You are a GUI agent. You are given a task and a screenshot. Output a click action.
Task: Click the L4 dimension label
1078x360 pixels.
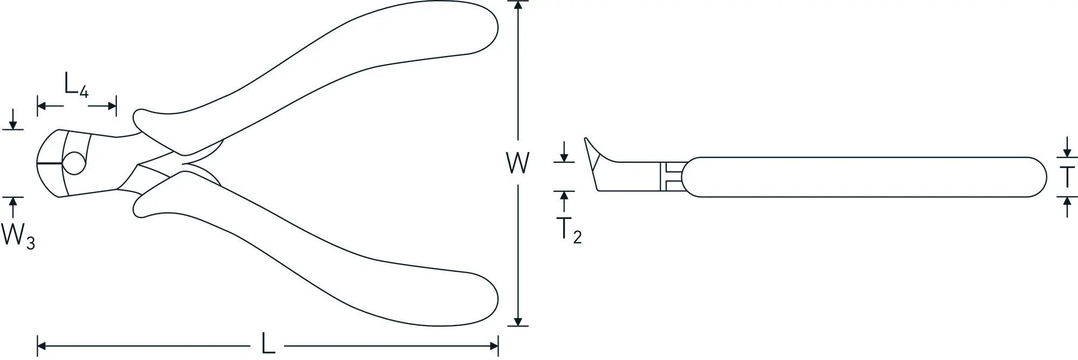pos(76,85)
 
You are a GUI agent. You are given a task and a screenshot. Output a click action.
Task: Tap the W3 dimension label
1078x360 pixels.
pos(18,236)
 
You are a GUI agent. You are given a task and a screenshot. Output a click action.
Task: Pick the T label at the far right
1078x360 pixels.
pos(1067,177)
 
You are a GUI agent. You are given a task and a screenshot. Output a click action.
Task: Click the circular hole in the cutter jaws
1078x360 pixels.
pos(74,163)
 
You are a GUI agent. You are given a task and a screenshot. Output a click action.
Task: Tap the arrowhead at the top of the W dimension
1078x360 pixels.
pos(518,5)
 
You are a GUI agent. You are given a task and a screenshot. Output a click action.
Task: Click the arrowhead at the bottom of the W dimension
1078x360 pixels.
pos(518,321)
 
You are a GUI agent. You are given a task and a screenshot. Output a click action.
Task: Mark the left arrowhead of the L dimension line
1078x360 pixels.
pos(43,345)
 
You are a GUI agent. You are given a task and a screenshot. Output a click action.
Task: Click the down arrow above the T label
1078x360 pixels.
pos(1067,147)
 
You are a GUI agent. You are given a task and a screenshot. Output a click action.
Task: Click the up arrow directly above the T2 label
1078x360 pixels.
pos(564,202)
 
